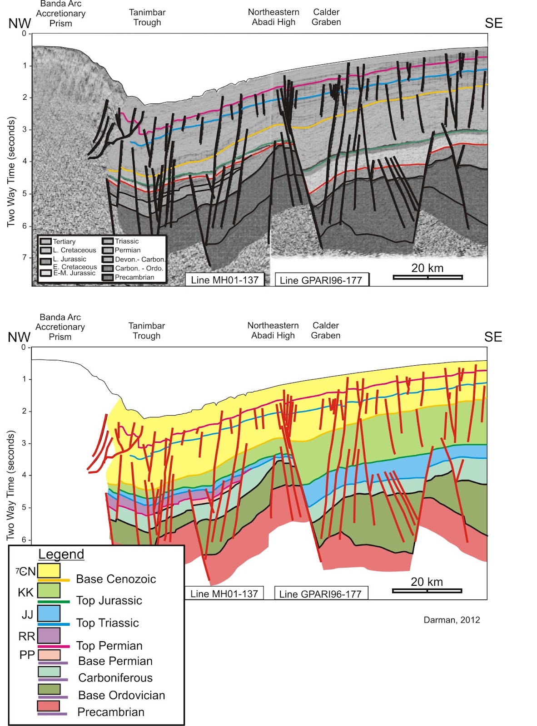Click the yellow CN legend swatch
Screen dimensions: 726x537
click(x=49, y=570)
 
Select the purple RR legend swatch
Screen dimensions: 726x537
click(x=49, y=635)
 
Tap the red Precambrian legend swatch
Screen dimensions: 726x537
click(x=48, y=706)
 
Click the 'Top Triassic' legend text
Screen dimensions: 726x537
click(x=107, y=623)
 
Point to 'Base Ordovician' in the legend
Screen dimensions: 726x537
click(x=121, y=695)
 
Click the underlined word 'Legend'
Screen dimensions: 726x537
click(x=61, y=554)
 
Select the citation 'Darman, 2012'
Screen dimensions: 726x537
click(x=452, y=620)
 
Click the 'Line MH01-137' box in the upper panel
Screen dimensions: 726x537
click(x=224, y=280)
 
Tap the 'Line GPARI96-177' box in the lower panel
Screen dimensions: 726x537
click(x=320, y=594)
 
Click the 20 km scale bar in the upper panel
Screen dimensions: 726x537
click(x=428, y=277)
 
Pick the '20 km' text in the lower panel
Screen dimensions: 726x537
click(x=427, y=582)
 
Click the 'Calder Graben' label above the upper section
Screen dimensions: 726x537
click(x=326, y=17)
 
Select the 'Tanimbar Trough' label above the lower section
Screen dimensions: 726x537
click(x=146, y=331)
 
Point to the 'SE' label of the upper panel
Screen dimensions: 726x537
click(x=493, y=23)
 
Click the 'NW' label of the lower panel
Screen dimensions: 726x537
click(x=19, y=337)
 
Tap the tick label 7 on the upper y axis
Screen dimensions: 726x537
click(x=24, y=257)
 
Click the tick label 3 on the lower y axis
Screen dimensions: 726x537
click(x=24, y=443)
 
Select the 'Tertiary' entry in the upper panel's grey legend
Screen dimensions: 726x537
click(x=64, y=241)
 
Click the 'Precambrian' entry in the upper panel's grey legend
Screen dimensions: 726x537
click(x=134, y=277)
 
